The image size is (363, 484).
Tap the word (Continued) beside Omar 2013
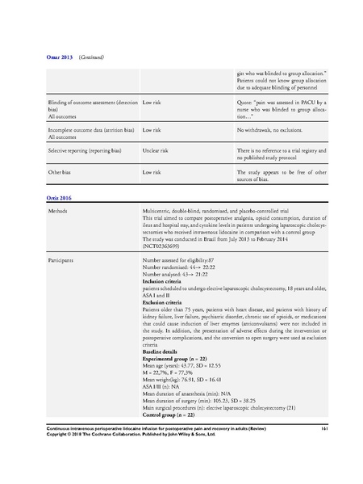[90, 58]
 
